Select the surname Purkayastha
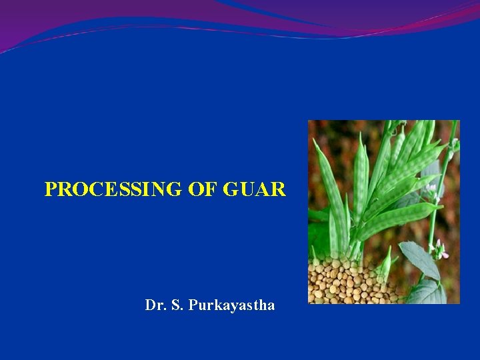tap(231, 306)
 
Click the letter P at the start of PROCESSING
tap(50, 190)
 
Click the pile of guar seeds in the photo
tap(347, 280)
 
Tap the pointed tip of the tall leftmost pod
tap(315, 141)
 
